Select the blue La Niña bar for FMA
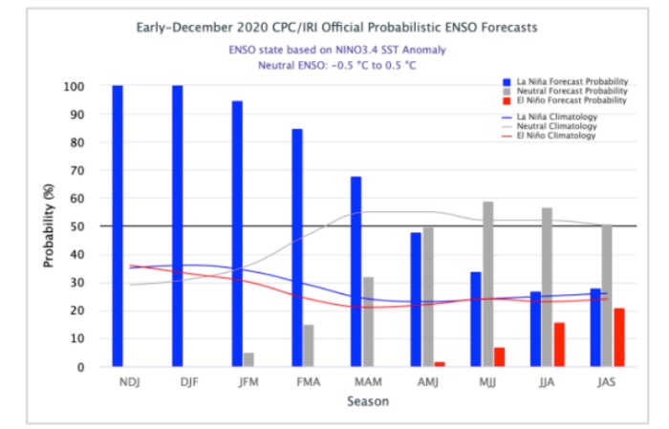tap(297, 247)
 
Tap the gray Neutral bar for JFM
tap(248, 359)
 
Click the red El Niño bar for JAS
tap(618, 337)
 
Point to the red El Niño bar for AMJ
tap(440, 364)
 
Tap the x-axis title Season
tap(367, 401)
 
